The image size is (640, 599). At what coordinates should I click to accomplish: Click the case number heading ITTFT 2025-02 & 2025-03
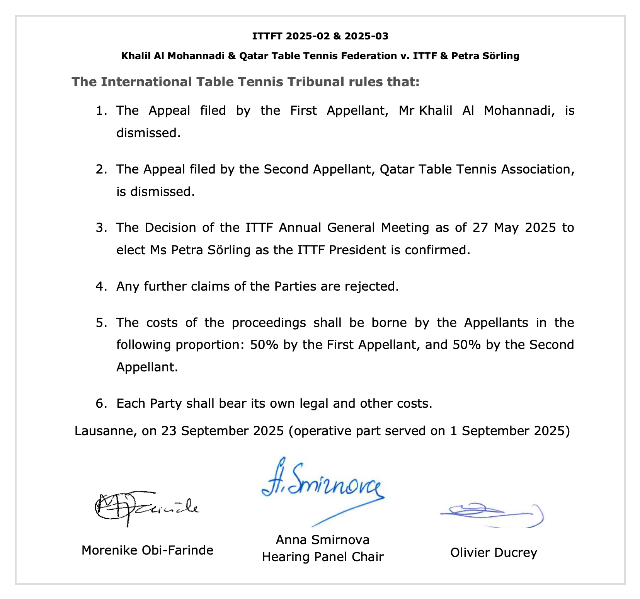(x=320, y=36)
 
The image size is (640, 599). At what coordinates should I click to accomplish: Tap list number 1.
(x=101, y=111)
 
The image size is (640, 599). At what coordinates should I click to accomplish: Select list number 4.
(x=101, y=286)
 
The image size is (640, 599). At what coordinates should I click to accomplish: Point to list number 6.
(x=101, y=403)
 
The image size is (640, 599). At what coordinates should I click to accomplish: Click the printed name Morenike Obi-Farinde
(x=147, y=550)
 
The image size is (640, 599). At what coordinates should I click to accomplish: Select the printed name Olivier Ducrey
(x=494, y=553)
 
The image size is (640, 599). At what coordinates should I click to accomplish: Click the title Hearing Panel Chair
(x=323, y=557)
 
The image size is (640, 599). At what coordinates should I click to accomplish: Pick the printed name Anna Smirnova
(x=323, y=539)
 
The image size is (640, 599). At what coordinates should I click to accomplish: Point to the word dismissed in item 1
(x=148, y=133)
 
